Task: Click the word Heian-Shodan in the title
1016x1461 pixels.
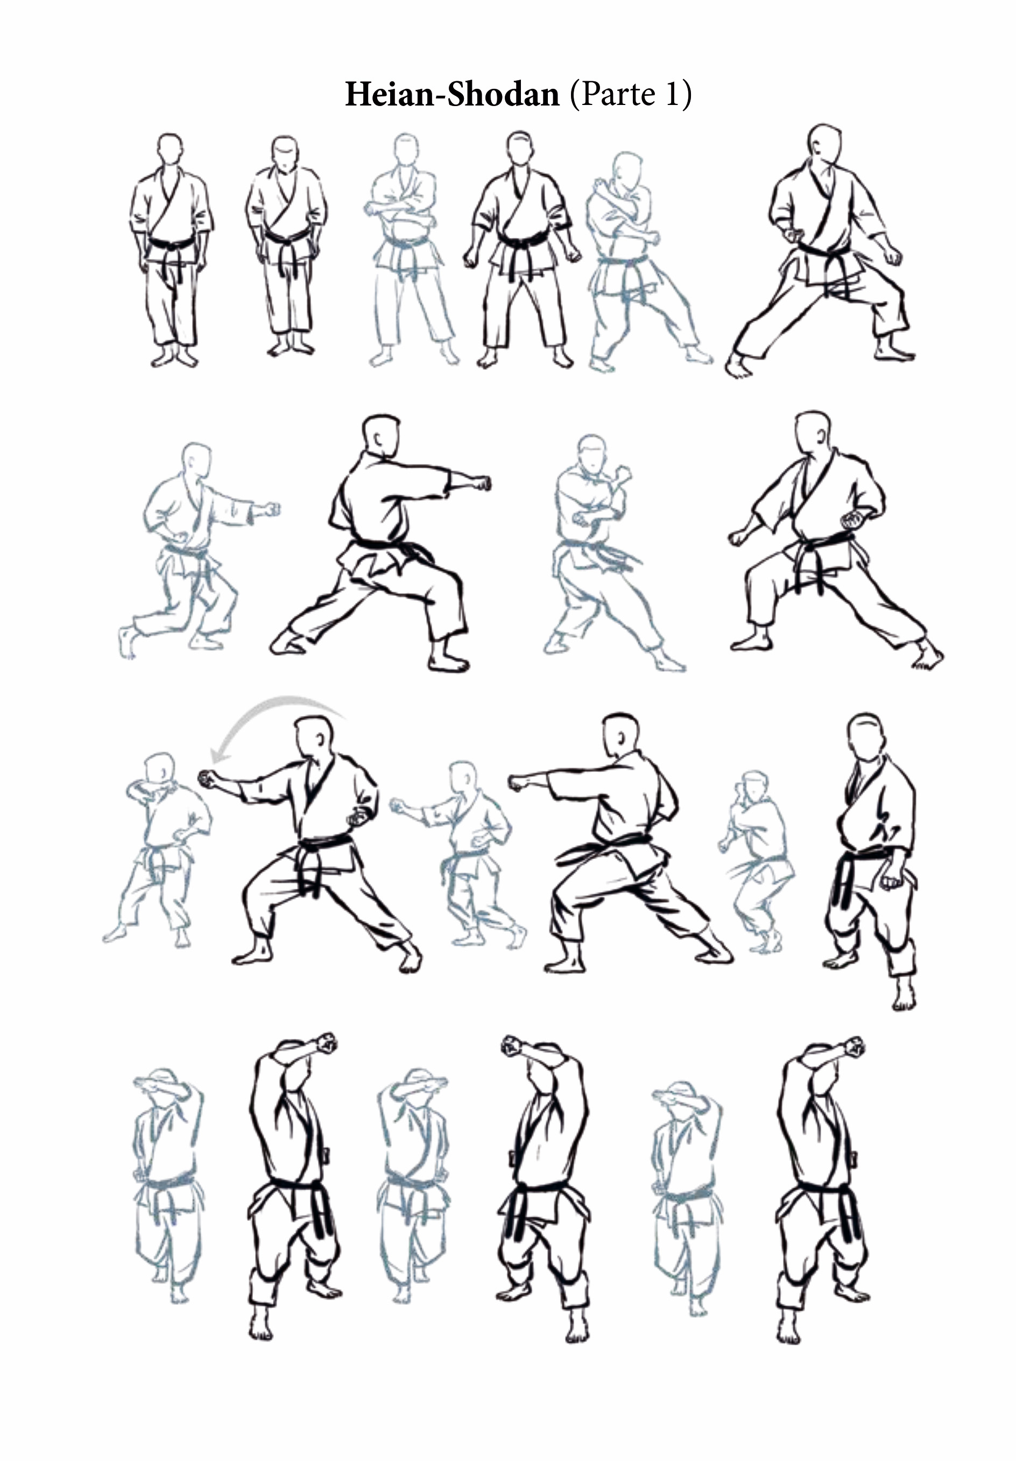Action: tap(451, 94)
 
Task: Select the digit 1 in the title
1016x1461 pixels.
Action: tap(672, 94)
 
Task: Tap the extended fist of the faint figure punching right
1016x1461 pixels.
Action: tap(271, 510)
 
